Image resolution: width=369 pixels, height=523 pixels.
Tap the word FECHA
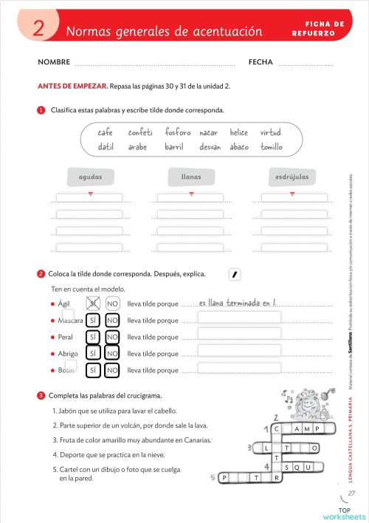click(x=261, y=63)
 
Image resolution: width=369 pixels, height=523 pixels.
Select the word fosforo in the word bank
click(x=178, y=133)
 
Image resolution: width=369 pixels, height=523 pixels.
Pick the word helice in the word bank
click(x=238, y=133)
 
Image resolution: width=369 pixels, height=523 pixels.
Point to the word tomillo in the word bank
click(x=272, y=147)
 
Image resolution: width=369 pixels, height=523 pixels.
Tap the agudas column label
click(x=90, y=177)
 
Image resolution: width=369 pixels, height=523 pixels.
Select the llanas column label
click(x=190, y=177)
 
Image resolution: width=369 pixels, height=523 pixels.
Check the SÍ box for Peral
click(x=93, y=337)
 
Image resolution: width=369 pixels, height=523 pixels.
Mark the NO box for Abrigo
click(x=112, y=354)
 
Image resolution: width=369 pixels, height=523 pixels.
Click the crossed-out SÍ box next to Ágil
click(x=93, y=303)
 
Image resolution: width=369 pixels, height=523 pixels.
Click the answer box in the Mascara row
click(x=239, y=318)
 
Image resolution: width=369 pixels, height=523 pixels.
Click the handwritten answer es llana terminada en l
click(x=238, y=303)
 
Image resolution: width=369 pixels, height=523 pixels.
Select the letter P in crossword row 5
click(x=224, y=478)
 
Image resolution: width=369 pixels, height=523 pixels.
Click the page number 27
click(x=351, y=493)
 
